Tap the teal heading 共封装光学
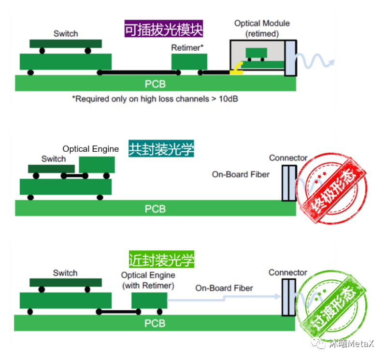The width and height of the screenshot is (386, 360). coord(161,149)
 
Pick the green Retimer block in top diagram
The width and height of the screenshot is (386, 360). coord(189,62)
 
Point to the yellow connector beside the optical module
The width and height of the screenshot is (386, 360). coord(236,69)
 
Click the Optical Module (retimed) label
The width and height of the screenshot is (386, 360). coord(262,29)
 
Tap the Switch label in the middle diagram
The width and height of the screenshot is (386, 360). coord(54,159)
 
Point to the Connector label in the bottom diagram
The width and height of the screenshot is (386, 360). coord(288,273)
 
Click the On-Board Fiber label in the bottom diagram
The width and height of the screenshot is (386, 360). coord(224,288)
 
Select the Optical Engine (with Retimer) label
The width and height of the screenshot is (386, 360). coord(148,280)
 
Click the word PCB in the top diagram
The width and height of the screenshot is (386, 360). coord(155,84)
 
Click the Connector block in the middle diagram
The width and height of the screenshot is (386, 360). coord(288,183)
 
